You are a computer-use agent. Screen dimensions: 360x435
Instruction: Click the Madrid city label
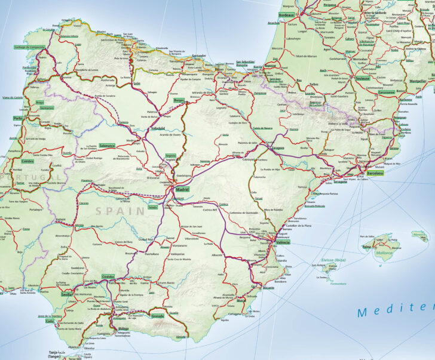point(182,190)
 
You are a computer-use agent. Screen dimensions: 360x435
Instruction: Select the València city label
point(283,242)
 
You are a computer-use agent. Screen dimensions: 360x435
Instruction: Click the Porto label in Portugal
point(17,118)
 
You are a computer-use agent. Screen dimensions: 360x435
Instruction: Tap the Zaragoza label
point(275,147)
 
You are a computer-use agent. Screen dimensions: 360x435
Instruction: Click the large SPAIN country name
point(120,210)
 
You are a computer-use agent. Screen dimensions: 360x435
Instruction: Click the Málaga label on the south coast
point(124,328)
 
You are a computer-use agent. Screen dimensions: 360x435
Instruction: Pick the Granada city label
point(158,316)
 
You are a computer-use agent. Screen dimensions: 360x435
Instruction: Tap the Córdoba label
point(108,277)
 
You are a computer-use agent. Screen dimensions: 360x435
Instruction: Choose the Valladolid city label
point(158,128)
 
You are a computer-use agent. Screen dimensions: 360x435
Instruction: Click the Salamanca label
point(108,145)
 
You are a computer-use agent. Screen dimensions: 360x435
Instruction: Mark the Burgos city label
point(179,100)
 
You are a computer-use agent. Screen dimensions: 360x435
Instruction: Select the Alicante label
point(268,288)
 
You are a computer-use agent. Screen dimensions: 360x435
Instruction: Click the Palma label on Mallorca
point(366,246)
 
